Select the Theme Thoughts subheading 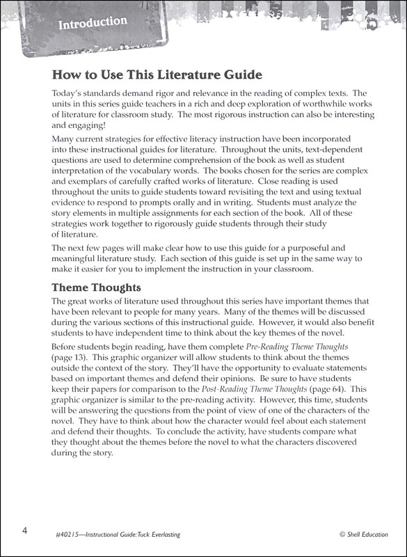pos(97,288)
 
